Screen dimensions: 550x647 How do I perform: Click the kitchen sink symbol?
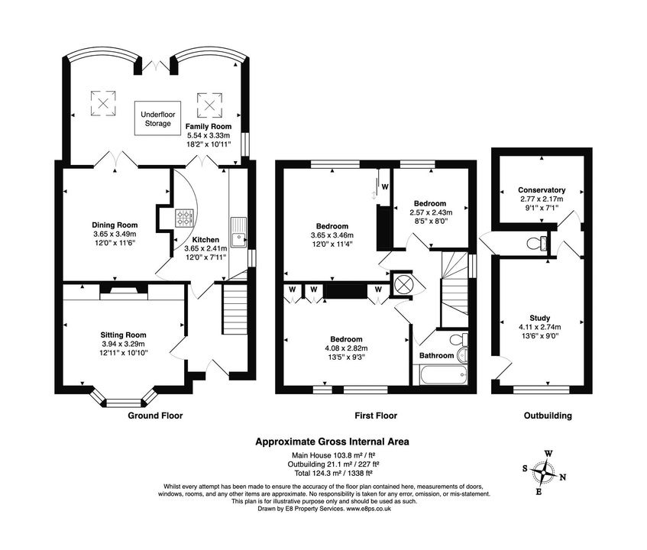(x=239, y=232)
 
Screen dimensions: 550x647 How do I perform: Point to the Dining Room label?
(x=115, y=225)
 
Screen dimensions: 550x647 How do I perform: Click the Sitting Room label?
(x=124, y=335)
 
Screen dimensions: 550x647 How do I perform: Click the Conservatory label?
(x=541, y=190)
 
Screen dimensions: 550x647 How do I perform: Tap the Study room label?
(x=539, y=319)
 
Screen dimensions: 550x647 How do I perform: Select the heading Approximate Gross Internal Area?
(x=332, y=441)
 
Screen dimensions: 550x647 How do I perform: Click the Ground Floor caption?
(x=155, y=416)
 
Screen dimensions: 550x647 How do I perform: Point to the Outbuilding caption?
(x=547, y=416)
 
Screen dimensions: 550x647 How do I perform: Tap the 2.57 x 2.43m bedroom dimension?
(x=431, y=212)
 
